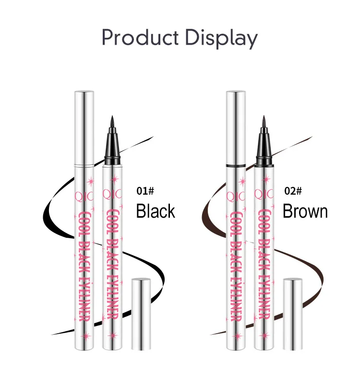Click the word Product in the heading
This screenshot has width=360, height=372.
(140, 38)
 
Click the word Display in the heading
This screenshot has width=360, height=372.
(221, 38)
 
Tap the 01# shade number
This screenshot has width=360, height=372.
(145, 191)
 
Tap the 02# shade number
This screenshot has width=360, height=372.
(293, 191)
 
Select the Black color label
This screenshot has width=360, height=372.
(156, 211)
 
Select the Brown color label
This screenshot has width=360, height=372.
(305, 211)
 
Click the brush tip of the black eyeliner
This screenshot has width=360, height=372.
(112, 123)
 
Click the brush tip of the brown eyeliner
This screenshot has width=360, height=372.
(264, 123)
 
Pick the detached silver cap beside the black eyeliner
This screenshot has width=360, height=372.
(141, 314)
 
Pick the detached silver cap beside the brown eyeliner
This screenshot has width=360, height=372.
(293, 314)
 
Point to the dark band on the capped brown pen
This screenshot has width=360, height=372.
(236, 165)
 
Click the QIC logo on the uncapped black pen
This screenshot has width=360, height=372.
(112, 195)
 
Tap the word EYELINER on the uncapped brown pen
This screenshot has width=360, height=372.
(264, 297)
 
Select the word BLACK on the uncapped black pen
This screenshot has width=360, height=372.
(112, 256)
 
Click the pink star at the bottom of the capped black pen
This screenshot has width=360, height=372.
(85, 336)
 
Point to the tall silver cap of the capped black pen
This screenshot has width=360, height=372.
(84, 128)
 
